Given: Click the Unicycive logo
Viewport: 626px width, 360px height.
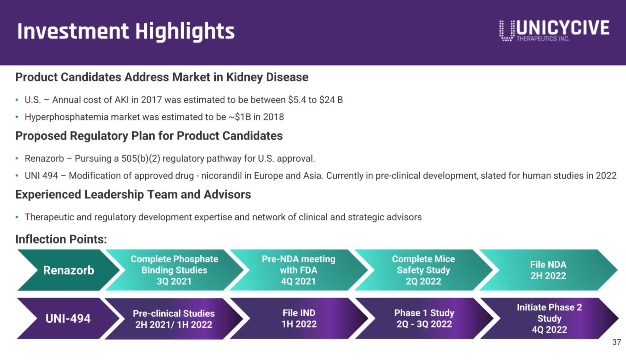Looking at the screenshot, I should tap(554, 30).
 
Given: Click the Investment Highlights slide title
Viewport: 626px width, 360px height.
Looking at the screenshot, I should tap(126, 31).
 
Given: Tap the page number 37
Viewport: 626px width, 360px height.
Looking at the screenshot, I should tap(616, 342).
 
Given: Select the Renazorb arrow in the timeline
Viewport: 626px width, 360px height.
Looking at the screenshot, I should tap(68, 270).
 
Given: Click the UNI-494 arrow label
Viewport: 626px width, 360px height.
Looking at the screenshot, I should tap(68, 318).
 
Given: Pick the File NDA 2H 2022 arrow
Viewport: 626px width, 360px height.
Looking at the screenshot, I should tap(548, 270).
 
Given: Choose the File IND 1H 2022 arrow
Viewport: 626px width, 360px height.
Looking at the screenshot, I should tap(299, 318).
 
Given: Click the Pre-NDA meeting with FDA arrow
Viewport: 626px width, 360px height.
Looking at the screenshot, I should tap(298, 270).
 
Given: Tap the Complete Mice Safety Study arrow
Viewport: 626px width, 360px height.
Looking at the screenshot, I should tap(423, 270).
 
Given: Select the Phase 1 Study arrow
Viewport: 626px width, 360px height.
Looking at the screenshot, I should tap(424, 318).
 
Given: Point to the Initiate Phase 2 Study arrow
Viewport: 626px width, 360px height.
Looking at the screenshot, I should tap(549, 318).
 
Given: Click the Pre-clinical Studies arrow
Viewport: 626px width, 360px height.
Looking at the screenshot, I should tap(174, 319).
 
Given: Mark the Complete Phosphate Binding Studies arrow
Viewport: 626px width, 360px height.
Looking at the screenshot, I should tap(174, 270).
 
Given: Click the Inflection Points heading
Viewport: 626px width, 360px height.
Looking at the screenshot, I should tap(61, 239).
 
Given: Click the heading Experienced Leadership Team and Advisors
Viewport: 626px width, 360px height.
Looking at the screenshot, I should tap(133, 195).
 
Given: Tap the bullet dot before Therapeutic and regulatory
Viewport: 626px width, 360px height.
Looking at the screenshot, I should tap(17, 217).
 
